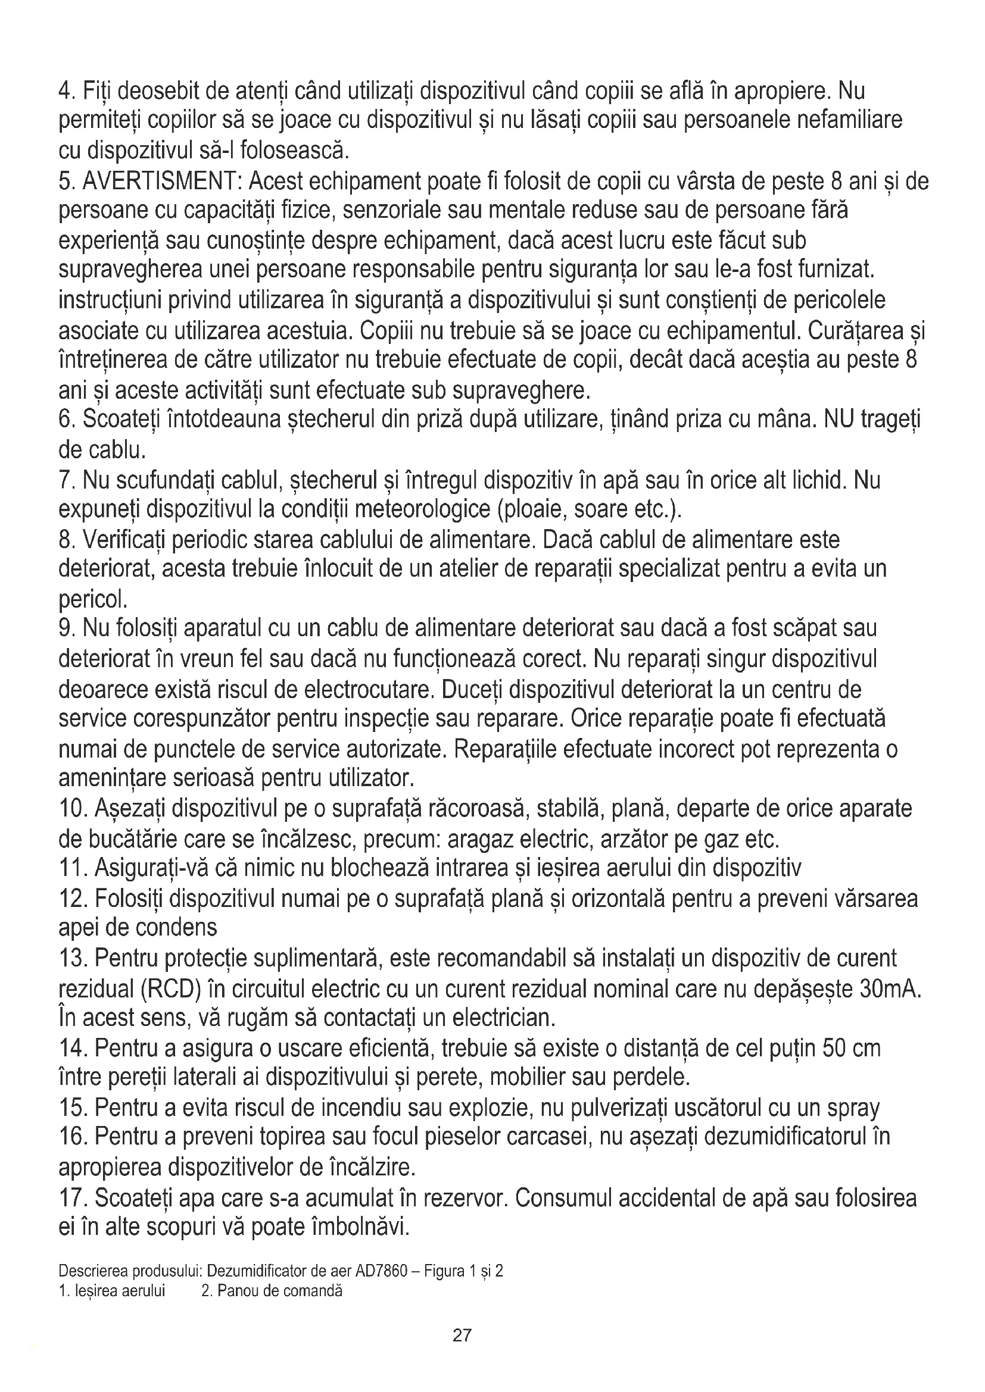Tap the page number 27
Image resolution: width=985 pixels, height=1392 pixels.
coord(462,1335)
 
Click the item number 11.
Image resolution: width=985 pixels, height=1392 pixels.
coord(73,869)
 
